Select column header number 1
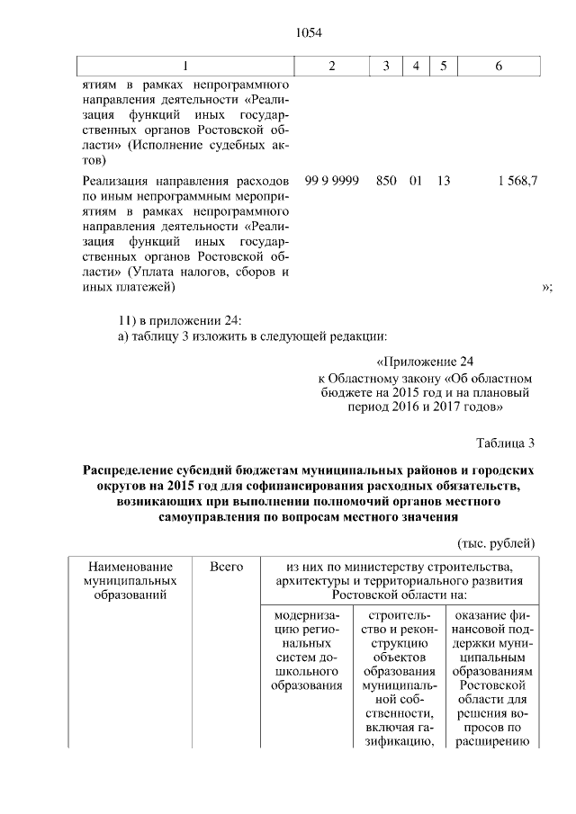(185, 67)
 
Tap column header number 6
(499, 67)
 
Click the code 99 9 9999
(332, 181)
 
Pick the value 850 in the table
(386, 181)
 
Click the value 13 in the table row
(443, 181)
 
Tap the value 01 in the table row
(415, 181)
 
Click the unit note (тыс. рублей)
(497, 543)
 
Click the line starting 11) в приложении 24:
(180, 320)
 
